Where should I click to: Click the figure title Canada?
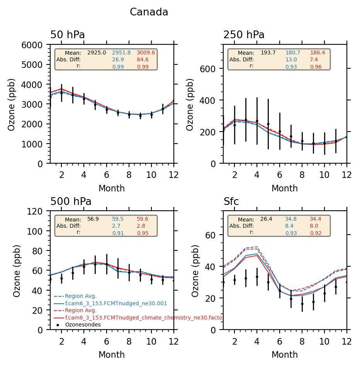pyautogui.click(x=149, y=12)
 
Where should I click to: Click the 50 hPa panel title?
pyautogui.click(x=68, y=35)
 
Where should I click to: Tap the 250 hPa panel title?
pyautogui.click(x=244, y=35)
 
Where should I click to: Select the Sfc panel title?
pyautogui.click(x=231, y=201)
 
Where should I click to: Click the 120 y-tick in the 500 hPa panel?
pyautogui.click(x=41, y=211)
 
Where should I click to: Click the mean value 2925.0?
pyautogui.click(x=97, y=52)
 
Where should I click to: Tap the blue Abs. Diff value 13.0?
pyautogui.click(x=291, y=59)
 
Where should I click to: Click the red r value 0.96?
pyautogui.click(x=315, y=67)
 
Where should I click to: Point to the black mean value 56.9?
pyautogui.click(x=93, y=219)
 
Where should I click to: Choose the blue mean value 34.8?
pyautogui.click(x=291, y=219)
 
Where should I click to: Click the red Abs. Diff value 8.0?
pyautogui.click(x=315, y=226)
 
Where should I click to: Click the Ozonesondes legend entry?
pyautogui.click(x=83, y=325)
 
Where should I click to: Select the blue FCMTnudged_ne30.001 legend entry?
pyautogui.click(x=116, y=303)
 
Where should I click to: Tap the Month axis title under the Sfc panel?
pyautogui.click(x=285, y=355)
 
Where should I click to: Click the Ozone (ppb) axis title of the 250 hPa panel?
pyautogui.click(x=190, y=104)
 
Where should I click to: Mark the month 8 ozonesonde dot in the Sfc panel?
pyautogui.click(x=302, y=304)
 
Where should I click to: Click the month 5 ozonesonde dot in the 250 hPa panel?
pyautogui.click(x=268, y=124)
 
